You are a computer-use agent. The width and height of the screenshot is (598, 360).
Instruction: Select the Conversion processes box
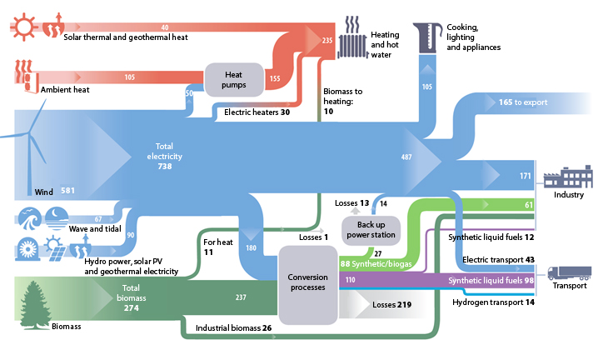pos(306,282)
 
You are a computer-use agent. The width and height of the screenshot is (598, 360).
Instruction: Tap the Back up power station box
pos(370,228)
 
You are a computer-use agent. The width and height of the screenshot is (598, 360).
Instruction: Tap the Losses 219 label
pos(391,306)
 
